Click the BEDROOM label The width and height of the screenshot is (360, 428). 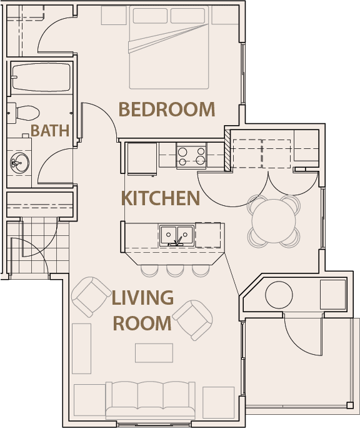pos(167,110)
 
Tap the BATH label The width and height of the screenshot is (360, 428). pos(50,131)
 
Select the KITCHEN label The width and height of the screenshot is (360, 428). pos(161,198)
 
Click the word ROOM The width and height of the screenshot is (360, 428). pos(142,324)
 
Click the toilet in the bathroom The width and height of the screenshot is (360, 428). pos(25,113)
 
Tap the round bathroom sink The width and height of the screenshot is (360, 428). pos(19,163)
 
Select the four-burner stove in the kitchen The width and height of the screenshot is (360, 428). pos(191,155)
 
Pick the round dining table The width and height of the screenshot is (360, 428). pos(274,220)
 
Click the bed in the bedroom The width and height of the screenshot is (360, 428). pos(169,48)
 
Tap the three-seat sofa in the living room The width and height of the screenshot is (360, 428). pos(150,399)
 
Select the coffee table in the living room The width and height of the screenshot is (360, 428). pos(154,352)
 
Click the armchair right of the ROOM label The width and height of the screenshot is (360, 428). pos(192,319)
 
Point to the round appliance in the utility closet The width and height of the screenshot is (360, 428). pos(279,293)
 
